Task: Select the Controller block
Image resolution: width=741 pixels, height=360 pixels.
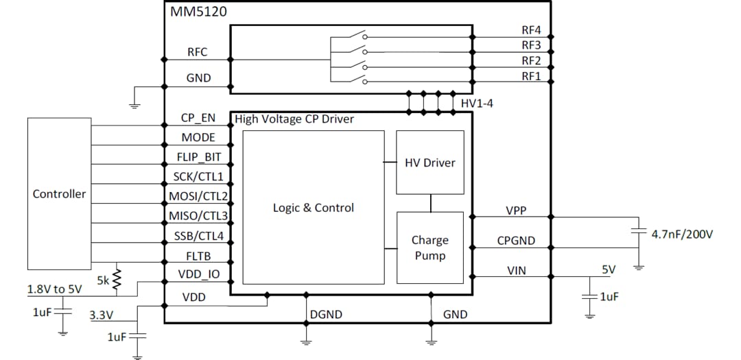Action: click(59, 193)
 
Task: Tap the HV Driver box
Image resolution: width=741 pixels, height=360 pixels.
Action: click(430, 163)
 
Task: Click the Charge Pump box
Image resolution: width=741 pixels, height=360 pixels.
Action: click(430, 248)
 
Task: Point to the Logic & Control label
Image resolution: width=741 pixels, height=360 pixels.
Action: click(314, 207)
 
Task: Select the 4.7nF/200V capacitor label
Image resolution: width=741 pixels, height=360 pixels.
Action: click(682, 234)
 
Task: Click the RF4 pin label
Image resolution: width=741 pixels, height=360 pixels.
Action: click(531, 30)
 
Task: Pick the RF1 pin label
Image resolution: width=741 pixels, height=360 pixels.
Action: click(531, 76)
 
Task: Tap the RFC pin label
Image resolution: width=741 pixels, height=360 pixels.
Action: click(198, 52)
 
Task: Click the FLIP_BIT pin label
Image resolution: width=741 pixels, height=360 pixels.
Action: click(199, 156)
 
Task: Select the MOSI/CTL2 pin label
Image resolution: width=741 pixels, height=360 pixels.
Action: click(199, 196)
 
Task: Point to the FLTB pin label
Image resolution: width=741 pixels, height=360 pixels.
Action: click(198, 256)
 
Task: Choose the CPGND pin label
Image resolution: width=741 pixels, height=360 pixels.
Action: click(516, 241)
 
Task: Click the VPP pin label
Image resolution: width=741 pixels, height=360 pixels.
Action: click(516, 211)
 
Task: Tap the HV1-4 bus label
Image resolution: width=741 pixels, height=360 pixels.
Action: click(477, 103)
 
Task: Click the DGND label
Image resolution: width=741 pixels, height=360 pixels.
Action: click(326, 314)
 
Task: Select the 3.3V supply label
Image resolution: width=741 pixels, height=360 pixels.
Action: click(102, 315)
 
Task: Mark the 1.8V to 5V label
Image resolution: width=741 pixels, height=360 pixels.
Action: click(54, 289)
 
